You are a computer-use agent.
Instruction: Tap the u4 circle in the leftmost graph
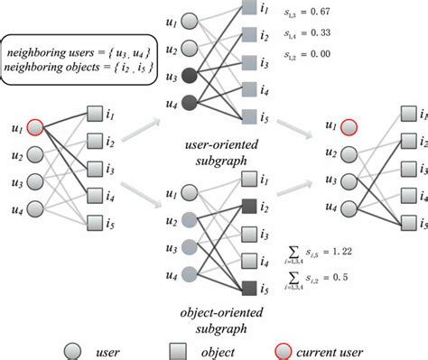tap(35, 208)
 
